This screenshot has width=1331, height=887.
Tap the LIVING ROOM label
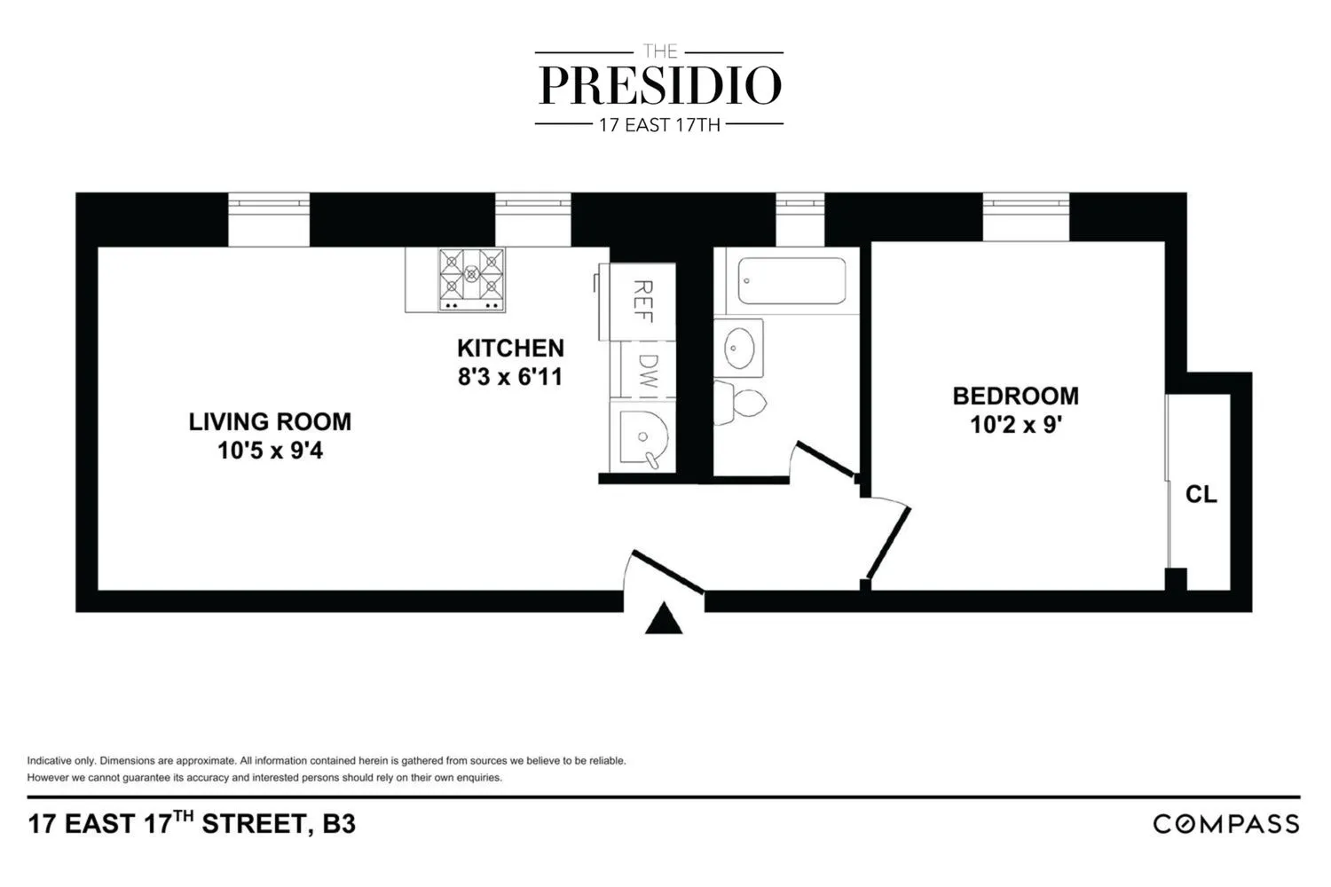coord(270,421)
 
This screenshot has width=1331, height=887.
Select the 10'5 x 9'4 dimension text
coord(270,451)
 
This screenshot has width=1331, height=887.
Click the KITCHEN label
coord(510,348)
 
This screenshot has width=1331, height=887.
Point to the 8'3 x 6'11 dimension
coord(510,377)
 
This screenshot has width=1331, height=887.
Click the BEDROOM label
coord(1015,396)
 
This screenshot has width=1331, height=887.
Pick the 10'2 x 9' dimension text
coord(1015,425)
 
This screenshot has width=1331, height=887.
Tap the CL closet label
coord(1201,494)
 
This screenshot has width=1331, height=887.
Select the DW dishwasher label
coord(648,372)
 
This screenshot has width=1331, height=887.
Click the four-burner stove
coord(471,279)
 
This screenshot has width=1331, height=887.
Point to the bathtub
coord(792,280)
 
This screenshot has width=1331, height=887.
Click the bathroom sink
coord(738,348)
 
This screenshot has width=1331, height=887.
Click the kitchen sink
coord(642,437)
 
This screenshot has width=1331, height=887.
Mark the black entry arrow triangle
coord(663,620)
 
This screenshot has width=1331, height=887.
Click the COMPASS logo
coord(1225,824)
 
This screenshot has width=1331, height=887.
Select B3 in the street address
coord(339,824)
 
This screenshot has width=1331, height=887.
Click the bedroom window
coord(1025,216)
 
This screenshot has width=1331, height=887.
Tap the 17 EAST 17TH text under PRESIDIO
coord(659,125)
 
